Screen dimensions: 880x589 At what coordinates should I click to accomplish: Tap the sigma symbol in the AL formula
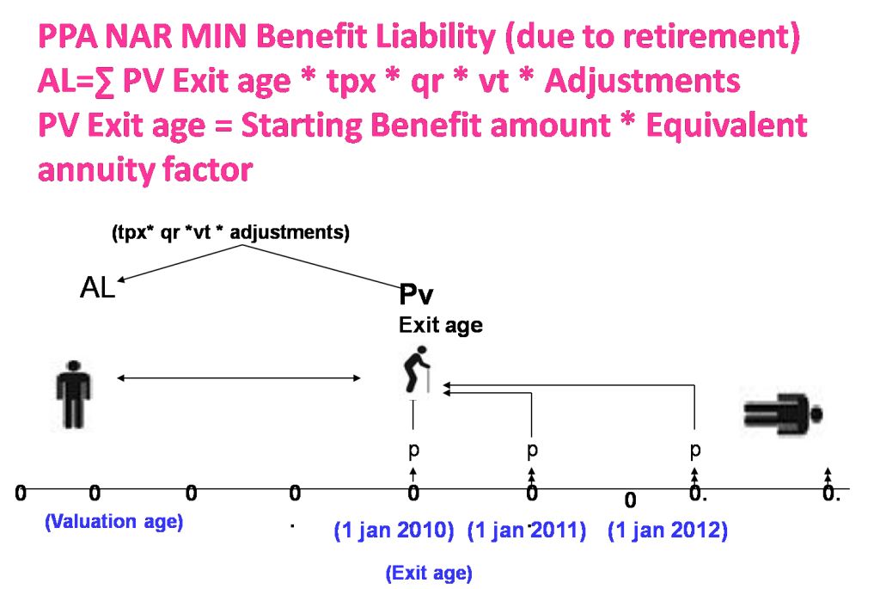[x=104, y=82]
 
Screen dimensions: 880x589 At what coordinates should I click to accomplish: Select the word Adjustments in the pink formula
[x=643, y=82]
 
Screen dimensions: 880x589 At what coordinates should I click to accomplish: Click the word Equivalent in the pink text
[x=727, y=125]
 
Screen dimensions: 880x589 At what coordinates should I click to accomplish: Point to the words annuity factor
[x=145, y=169]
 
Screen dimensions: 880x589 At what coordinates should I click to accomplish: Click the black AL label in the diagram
[x=98, y=288]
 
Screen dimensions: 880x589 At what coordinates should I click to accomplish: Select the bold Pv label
[x=416, y=294]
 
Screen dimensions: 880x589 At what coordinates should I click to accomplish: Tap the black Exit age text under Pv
[x=441, y=326]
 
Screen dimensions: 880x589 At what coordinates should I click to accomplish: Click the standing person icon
[x=74, y=394]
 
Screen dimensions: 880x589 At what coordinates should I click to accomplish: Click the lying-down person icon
[x=784, y=414]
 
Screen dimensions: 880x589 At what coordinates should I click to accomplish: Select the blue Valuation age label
[x=114, y=522]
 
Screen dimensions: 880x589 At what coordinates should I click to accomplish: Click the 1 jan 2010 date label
[x=394, y=531]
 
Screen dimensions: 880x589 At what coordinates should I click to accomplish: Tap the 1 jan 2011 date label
[x=527, y=531]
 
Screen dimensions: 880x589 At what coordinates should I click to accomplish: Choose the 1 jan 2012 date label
[x=668, y=531]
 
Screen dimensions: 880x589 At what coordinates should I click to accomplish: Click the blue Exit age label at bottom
[x=429, y=574]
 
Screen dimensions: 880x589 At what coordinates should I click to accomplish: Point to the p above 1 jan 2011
[x=532, y=450]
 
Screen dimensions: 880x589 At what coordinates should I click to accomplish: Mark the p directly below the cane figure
[x=413, y=450]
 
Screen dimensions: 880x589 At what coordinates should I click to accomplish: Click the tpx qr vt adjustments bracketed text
[x=230, y=232]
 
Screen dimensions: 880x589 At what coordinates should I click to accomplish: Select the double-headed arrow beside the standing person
[x=239, y=377]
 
